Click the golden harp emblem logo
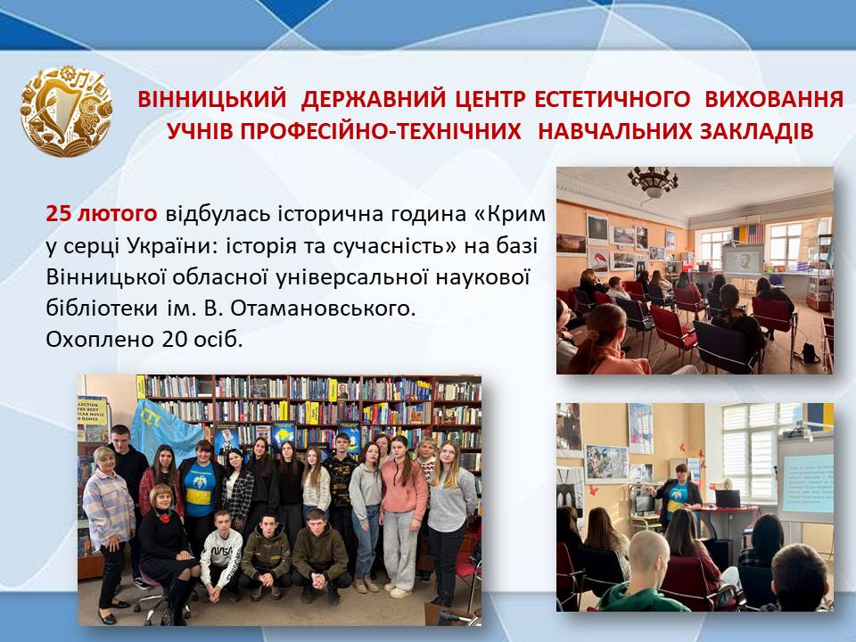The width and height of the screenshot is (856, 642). click(66, 111)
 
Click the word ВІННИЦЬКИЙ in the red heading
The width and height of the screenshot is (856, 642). click(212, 99)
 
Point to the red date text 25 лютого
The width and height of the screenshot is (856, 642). click(102, 213)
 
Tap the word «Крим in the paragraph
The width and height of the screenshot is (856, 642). click(508, 213)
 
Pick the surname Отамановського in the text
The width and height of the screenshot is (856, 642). click(323, 309)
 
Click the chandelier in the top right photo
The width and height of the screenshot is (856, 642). click(653, 181)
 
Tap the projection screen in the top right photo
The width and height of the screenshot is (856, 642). click(742, 259)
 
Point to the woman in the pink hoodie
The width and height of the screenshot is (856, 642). click(403, 514)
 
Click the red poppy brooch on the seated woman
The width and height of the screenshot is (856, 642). click(163, 516)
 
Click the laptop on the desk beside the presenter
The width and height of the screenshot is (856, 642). click(728, 498)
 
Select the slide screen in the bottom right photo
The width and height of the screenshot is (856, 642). click(807, 482)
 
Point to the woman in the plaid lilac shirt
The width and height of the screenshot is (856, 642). click(109, 532)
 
